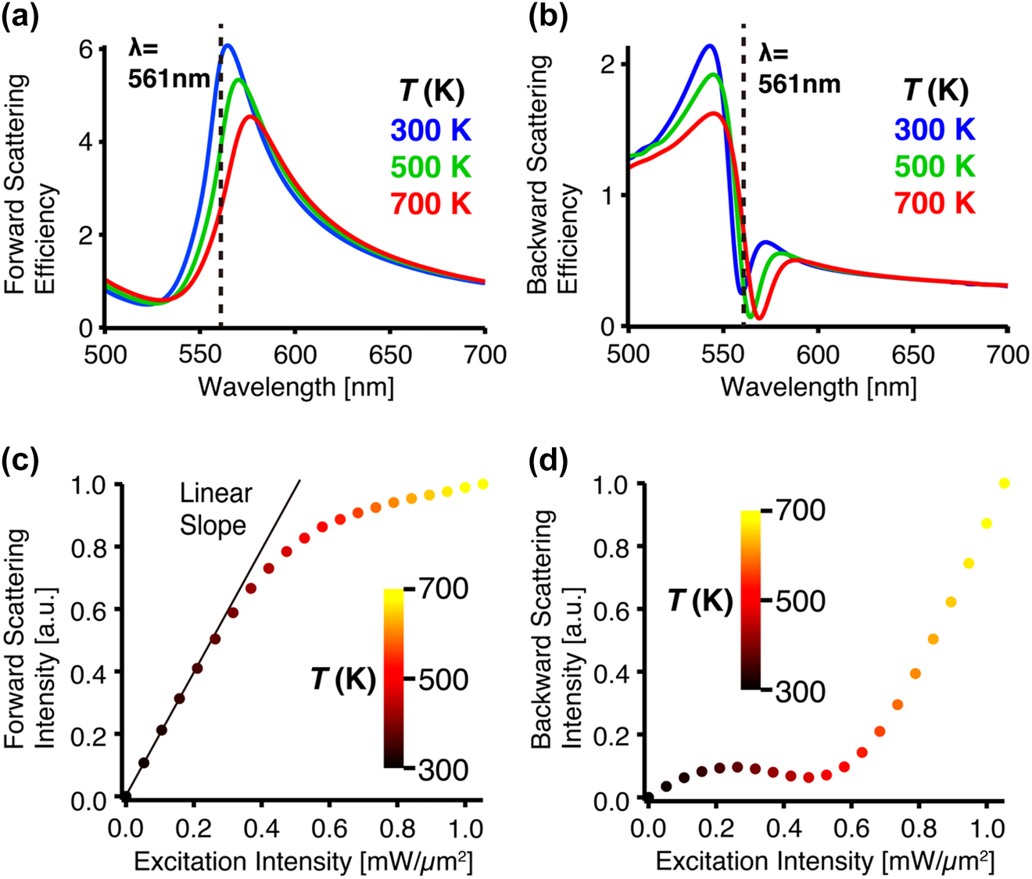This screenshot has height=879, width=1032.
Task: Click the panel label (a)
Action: [19, 16]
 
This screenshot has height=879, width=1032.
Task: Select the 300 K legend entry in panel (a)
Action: [432, 130]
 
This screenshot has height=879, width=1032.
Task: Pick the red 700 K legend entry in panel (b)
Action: [935, 203]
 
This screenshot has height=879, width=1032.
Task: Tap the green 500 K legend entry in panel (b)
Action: [935, 167]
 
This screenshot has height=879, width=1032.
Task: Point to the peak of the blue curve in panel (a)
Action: [228, 45]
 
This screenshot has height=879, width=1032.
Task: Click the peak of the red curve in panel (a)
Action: [250, 117]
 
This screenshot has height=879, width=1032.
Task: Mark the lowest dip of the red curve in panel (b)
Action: [757, 318]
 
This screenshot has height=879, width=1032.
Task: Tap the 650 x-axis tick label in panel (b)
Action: [912, 354]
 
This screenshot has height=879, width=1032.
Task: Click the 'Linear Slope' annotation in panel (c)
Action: [216, 509]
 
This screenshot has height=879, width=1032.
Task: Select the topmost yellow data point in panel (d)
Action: [1005, 483]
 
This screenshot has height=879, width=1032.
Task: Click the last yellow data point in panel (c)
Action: [482, 484]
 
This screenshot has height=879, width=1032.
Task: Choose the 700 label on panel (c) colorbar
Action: [443, 588]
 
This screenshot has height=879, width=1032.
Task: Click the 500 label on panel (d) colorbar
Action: [800, 601]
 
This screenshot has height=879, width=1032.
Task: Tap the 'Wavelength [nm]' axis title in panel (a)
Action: [296, 386]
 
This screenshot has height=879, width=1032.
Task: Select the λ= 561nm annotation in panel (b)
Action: [799, 69]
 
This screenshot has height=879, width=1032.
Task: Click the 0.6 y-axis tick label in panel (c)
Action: [90, 609]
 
